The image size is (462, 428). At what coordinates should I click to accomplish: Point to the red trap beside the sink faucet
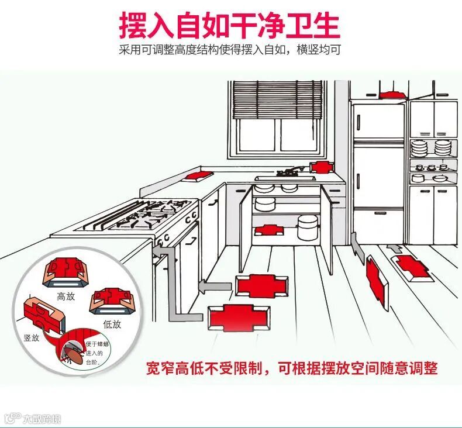pos(320,167)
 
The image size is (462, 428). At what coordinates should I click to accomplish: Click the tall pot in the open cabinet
pos(308,227)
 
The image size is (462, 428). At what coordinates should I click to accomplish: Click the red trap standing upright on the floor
pos(375,279)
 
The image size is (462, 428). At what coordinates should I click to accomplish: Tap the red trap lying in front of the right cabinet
pos(411,268)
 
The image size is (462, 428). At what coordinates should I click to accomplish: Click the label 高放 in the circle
pos(66,296)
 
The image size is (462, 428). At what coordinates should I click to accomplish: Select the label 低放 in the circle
pos(112,323)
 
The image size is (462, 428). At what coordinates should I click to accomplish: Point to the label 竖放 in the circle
pos(32,338)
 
